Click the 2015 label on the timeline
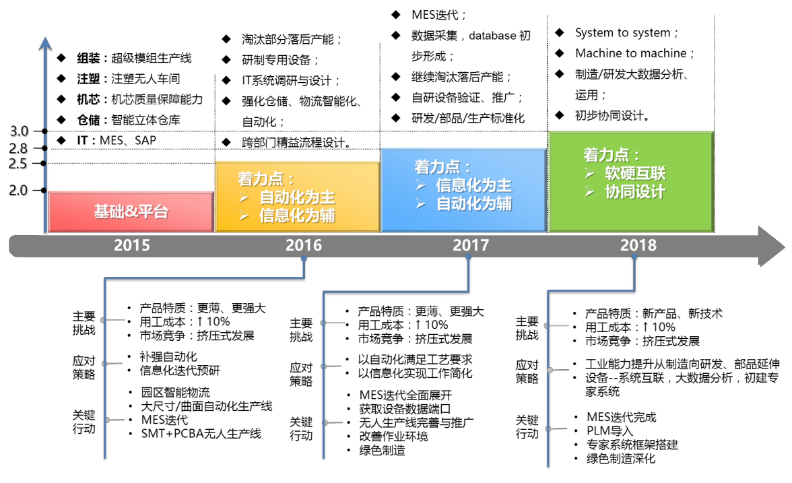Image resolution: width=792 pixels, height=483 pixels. (132, 245)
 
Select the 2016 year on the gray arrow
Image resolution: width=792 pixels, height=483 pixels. (304, 245)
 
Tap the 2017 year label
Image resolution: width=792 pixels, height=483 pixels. (471, 245)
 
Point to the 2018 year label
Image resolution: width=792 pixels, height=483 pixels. (638, 245)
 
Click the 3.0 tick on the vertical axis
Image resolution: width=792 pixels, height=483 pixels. (19, 131)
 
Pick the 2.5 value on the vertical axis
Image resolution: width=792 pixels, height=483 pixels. (18, 164)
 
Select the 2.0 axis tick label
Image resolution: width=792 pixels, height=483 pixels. (18, 191)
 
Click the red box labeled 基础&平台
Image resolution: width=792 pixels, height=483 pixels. (131, 212)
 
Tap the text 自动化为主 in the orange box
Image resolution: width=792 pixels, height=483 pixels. (297, 197)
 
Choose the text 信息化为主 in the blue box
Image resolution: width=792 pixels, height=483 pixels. (474, 185)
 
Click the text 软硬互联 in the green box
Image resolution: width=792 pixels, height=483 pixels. (636, 173)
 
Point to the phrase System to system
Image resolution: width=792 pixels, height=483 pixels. (623, 33)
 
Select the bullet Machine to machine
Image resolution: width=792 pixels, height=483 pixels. (631, 54)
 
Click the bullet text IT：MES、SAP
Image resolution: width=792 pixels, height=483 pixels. (117, 140)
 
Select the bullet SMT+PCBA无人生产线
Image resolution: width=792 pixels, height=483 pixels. (201, 434)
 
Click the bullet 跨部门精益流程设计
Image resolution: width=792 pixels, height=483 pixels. (296, 143)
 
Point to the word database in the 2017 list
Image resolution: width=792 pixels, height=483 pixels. (492, 36)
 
